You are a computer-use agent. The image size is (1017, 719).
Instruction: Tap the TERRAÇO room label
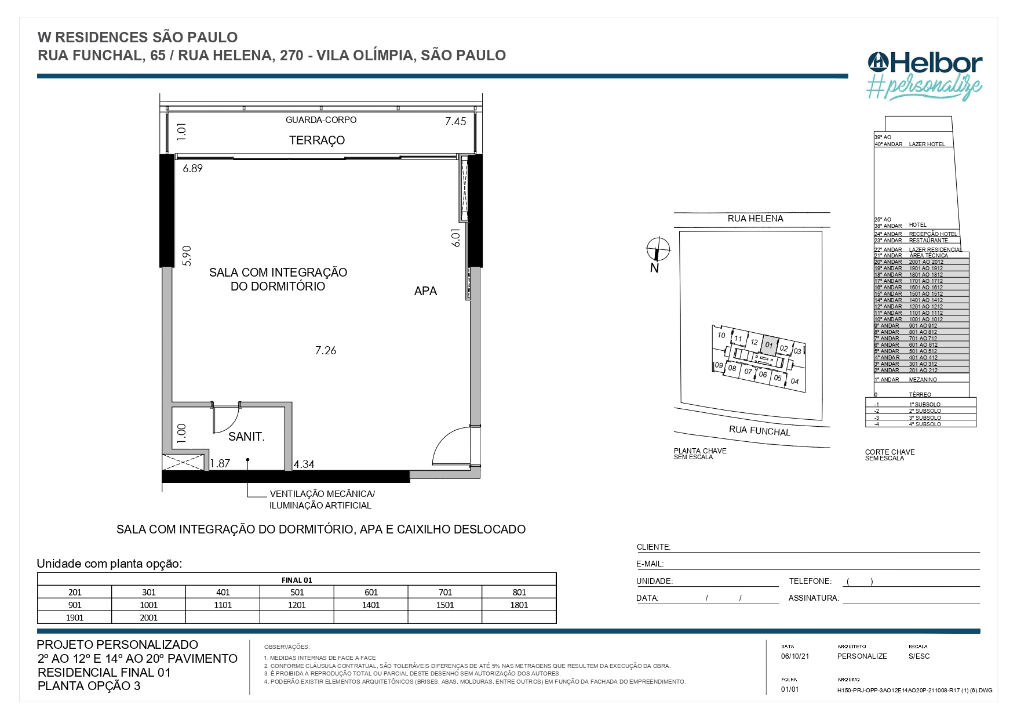coord(317,140)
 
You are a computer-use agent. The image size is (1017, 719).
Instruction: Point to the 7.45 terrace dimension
coord(455,121)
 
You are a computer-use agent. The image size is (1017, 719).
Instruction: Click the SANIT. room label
coord(246,437)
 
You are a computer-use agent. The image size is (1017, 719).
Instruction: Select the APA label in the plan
coord(425,292)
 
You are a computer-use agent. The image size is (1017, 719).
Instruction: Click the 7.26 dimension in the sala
coord(326,351)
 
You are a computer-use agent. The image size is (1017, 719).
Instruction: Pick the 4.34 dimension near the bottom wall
coord(304,464)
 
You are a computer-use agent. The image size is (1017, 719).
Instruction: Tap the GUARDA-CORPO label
coord(321,120)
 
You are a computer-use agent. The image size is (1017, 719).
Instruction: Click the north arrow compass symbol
coord(658,250)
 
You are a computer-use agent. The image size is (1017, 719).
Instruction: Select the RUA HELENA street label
coord(755,219)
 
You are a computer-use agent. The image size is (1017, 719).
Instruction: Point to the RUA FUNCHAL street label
coord(759,431)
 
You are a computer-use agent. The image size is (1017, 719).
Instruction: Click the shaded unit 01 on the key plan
coord(769,344)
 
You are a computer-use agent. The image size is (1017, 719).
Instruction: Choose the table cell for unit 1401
coord(371,605)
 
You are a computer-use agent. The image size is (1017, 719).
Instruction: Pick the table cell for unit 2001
coord(149,618)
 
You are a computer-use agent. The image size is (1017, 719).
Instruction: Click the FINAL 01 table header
coord(297,580)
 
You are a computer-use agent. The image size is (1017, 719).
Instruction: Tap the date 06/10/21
coord(795,656)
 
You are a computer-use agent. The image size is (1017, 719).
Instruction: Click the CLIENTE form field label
coord(653,547)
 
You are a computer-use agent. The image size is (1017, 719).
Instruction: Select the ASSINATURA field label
coord(814,598)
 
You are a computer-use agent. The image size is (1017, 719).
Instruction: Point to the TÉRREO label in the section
coord(920,394)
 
